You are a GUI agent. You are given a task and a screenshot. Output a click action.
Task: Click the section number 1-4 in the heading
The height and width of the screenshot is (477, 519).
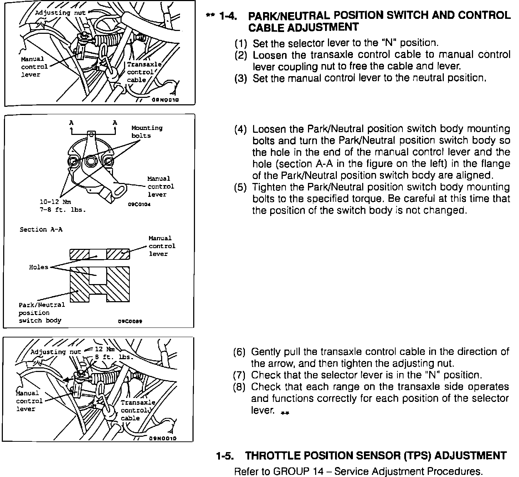tap(228, 16)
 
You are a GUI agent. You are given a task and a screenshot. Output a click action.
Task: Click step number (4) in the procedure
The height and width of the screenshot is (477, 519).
tap(240, 129)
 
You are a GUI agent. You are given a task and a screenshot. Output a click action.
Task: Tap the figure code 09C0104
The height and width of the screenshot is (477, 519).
tap(139, 205)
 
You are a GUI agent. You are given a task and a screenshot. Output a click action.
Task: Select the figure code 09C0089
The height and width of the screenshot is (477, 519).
tap(130, 321)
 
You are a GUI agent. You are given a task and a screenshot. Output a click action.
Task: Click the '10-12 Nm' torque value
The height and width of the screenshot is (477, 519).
tap(55, 202)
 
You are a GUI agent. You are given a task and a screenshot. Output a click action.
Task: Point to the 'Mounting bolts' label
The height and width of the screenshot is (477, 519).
tap(147, 132)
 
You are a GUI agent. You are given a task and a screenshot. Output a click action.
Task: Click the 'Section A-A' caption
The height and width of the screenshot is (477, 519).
tap(41, 230)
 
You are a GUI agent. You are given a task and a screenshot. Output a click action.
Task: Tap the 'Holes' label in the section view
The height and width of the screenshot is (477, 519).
tap(38, 267)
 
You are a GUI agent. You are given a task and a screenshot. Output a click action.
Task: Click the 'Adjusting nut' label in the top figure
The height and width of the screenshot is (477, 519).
tap(60, 13)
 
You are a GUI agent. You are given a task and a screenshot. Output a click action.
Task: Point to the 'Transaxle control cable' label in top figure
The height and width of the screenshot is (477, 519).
tap(144, 72)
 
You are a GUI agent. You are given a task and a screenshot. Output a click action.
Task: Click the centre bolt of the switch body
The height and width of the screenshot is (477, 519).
tap(91, 162)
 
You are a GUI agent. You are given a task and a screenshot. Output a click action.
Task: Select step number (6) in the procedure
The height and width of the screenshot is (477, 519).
tap(239, 352)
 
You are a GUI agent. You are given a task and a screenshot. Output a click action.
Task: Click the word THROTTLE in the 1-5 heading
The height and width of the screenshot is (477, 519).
tap(278, 456)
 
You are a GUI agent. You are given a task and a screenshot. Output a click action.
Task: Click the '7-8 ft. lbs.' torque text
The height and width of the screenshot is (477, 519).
tap(63, 210)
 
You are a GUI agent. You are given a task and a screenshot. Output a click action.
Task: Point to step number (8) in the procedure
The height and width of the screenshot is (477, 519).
tap(239, 387)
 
